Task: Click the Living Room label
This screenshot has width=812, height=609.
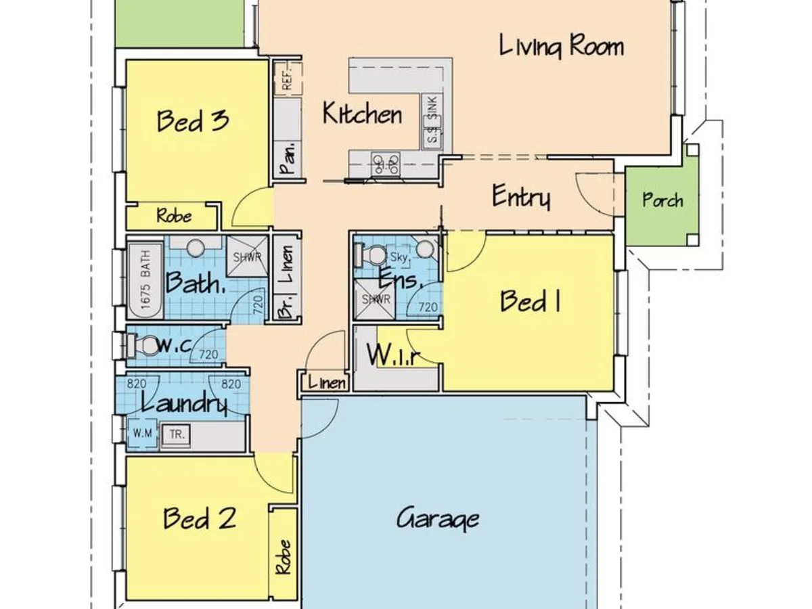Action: (x=561, y=47)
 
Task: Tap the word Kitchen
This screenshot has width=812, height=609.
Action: (x=362, y=114)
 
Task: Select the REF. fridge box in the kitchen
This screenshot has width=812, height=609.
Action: (x=286, y=77)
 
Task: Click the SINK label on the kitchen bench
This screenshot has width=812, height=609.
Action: (x=432, y=108)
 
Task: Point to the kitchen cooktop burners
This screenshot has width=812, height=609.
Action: (x=386, y=164)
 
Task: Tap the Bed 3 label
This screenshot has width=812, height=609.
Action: (x=192, y=121)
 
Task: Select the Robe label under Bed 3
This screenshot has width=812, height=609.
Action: (x=174, y=217)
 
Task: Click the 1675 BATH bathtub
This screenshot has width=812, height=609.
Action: (x=146, y=281)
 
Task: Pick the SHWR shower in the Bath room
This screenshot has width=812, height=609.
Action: (x=246, y=257)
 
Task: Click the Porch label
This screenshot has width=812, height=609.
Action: (x=662, y=201)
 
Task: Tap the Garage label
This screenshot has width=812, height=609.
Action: (x=438, y=520)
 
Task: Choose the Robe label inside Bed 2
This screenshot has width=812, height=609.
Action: (x=283, y=556)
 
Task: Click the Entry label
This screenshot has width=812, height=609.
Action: (x=520, y=198)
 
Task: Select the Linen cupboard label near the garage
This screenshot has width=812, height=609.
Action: (x=326, y=383)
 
